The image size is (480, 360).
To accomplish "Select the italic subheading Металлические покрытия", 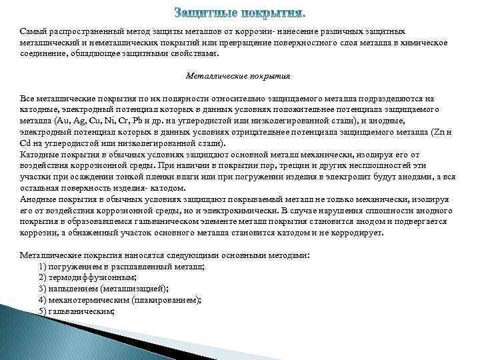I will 237,76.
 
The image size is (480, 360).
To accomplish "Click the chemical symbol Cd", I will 26,143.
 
